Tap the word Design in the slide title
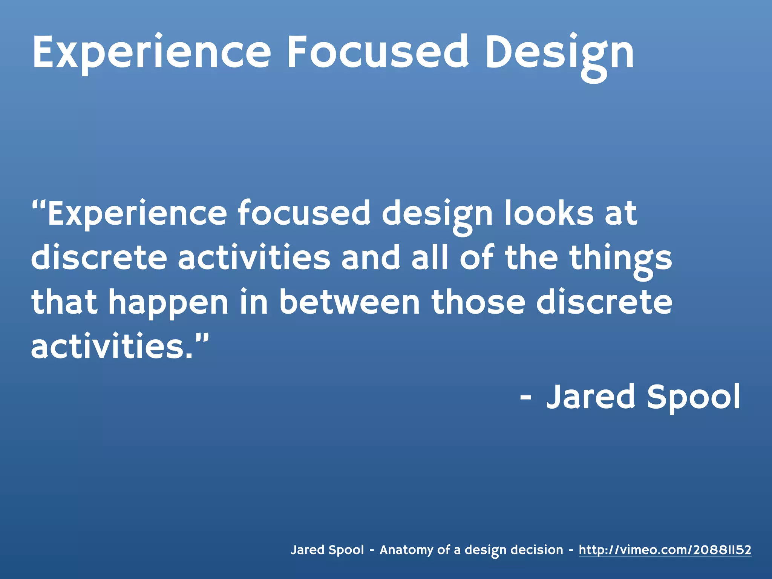(559, 53)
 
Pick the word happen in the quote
(168, 304)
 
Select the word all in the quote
(430, 258)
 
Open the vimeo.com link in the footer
(665, 550)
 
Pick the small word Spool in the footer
(346, 550)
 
